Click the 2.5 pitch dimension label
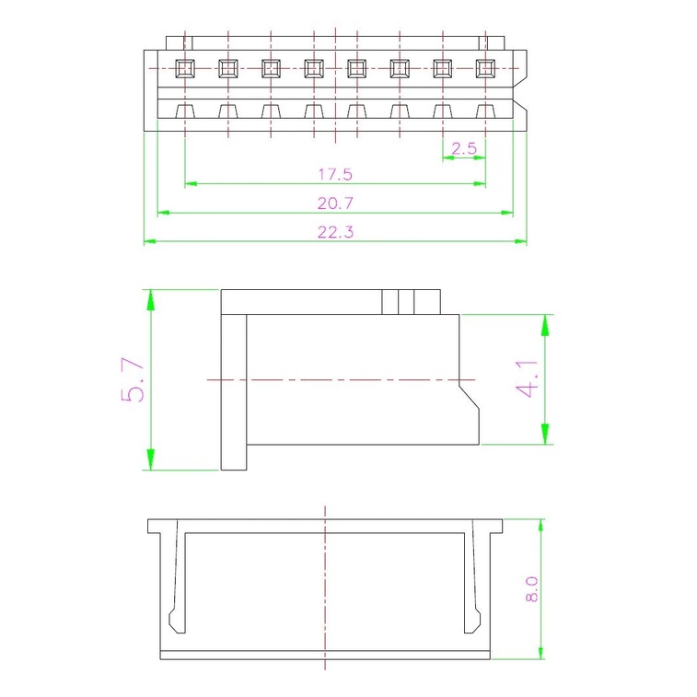tap(465, 147)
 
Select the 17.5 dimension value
tap(335, 173)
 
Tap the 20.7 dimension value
tap(335, 203)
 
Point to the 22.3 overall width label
tap(335, 232)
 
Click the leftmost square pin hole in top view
tap(185, 67)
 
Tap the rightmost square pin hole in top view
tap(485, 67)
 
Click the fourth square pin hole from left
tap(314, 67)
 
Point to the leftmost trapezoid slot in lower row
tap(185, 111)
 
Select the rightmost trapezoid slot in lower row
tap(485, 111)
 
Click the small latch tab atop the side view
tap(412, 301)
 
